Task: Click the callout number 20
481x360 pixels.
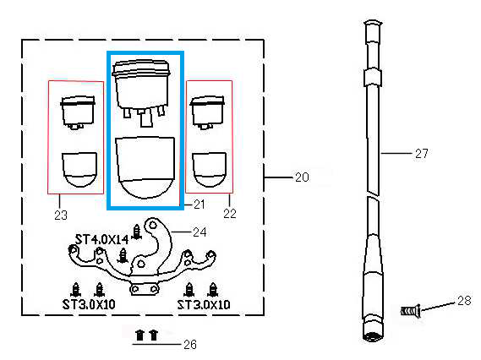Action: click(x=302, y=177)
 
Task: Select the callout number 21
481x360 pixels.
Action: click(x=200, y=205)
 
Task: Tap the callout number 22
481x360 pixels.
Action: click(x=230, y=214)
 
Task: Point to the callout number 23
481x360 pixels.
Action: click(x=61, y=215)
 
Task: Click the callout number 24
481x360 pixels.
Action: click(x=200, y=232)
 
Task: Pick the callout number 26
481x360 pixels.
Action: click(x=190, y=345)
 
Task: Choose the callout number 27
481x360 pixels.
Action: click(x=422, y=153)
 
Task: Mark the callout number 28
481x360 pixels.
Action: click(x=464, y=301)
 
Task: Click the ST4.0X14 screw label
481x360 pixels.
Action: click(x=101, y=239)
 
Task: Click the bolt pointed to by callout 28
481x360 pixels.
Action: click(x=411, y=311)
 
